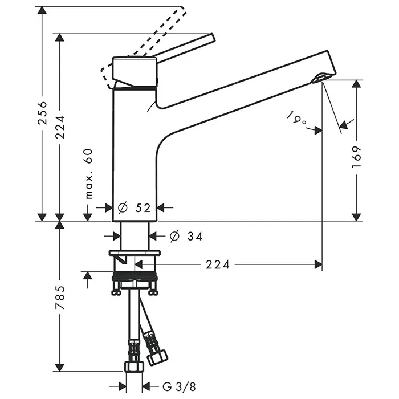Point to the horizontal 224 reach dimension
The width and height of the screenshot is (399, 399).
point(218,264)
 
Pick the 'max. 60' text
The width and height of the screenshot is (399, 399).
point(88,173)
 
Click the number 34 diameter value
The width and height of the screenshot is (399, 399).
point(194,235)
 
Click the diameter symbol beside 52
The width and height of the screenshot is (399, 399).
point(123,208)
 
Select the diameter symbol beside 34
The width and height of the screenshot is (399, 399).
point(174,235)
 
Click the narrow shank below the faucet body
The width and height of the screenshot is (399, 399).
point(135,235)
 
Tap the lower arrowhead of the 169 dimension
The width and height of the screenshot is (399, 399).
point(357,216)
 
